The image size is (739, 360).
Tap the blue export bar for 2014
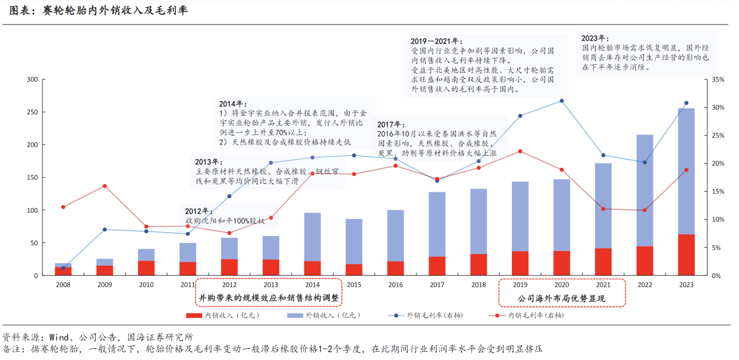(x=312, y=237)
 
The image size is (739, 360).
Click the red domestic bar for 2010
(x=146, y=268)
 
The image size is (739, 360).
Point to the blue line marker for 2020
(x=561, y=101)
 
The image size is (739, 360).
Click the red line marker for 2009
(x=105, y=186)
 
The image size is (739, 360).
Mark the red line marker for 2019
(x=520, y=151)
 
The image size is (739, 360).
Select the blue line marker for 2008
(x=63, y=268)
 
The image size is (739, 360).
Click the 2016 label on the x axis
(x=395, y=285)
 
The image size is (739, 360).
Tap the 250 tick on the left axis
(x=33, y=112)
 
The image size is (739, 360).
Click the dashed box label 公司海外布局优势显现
(x=562, y=298)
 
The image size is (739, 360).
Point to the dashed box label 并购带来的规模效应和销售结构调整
(x=268, y=298)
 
